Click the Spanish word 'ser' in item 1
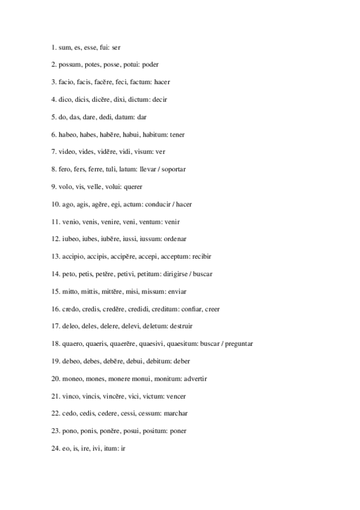pos(117,46)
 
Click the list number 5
pos(53,116)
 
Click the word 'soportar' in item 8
pos(174,169)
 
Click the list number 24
pos(55,448)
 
